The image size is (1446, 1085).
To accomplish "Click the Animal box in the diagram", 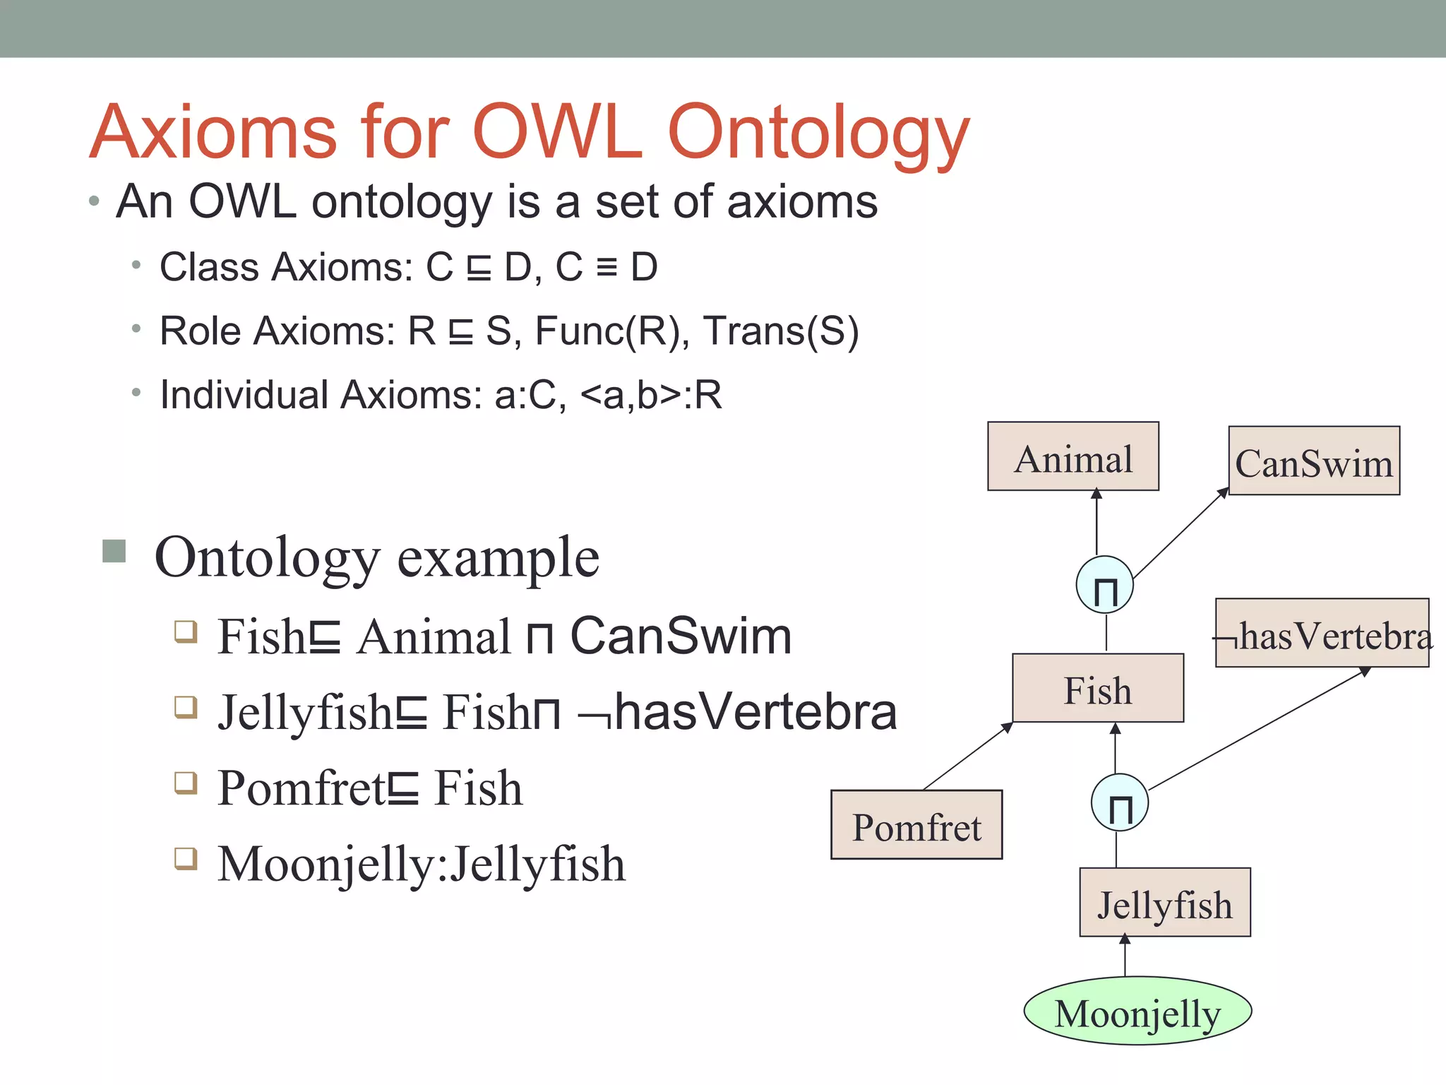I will [1072, 456].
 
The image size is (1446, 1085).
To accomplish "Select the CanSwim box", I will [1313, 461].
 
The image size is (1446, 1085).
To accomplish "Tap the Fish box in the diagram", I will [1097, 688].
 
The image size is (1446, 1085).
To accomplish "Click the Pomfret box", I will [916, 824].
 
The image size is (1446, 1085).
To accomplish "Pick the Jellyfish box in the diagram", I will [1164, 902].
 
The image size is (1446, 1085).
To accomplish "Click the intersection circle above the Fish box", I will [1104, 585].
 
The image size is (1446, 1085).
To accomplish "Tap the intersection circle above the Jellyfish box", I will [1119, 802].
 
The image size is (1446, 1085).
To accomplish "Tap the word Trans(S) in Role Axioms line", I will [781, 331].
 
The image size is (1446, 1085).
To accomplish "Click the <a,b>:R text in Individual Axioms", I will [650, 395].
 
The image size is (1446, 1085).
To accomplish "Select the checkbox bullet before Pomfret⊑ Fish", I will [186, 783].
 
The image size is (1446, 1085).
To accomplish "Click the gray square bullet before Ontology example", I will [114, 551].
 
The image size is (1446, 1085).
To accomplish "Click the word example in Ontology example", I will [498, 558].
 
